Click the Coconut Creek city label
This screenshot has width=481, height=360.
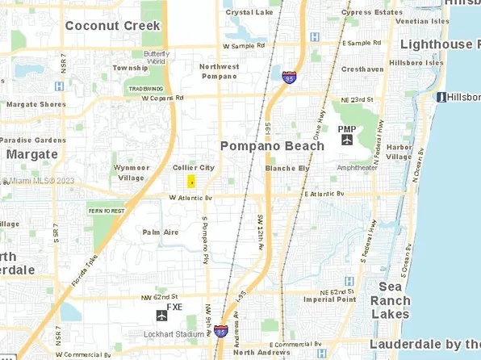pos(112,25)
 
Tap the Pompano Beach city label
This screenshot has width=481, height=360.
pos(272,146)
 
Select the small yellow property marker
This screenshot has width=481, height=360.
pos(191,182)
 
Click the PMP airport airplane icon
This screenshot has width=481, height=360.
pos(347,140)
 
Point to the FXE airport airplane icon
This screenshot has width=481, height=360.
pos(161,315)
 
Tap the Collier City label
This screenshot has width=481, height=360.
pos(194,167)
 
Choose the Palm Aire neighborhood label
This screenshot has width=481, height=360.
pos(160,232)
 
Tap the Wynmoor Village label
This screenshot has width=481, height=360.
pos(132,173)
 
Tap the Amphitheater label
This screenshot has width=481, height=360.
pos(357,168)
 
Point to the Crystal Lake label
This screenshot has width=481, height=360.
pos(249,13)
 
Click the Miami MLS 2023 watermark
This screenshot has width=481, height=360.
pos(37,181)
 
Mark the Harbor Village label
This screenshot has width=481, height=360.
pos(399,152)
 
